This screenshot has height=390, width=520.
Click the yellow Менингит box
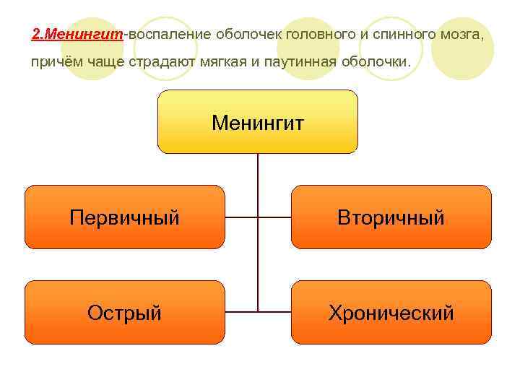pyautogui.click(x=258, y=122)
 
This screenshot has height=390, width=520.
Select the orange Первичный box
pyautogui.click(x=125, y=217)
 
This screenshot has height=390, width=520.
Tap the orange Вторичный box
pyautogui.click(x=391, y=217)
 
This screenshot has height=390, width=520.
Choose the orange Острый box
pyautogui.click(x=125, y=312)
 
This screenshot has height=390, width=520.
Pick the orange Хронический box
pyautogui.click(x=391, y=312)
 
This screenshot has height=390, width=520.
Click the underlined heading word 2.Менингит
pyautogui.click(x=78, y=34)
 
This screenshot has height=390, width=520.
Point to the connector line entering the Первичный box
pyautogui.click(x=240, y=217)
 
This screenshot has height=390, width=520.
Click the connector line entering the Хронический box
pyautogui.click(x=274, y=312)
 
